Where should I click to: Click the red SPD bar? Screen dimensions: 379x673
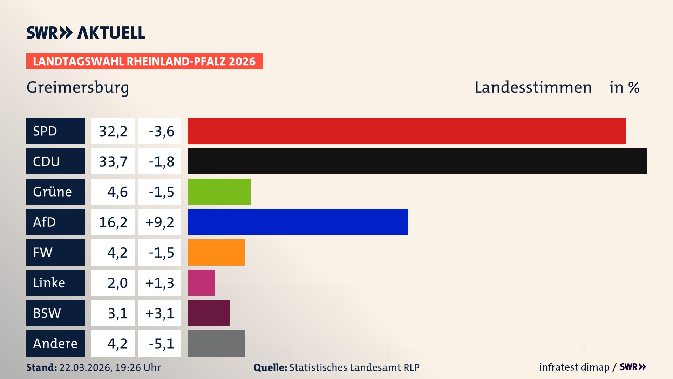(x=407, y=131)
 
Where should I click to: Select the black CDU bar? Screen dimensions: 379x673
(x=417, y=161)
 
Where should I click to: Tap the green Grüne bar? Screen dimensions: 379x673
(x=219, y=192)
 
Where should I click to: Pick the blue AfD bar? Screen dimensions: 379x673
(x=298, y=222)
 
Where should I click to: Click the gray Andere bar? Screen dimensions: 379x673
(x=216, y=343)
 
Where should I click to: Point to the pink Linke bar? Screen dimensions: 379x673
(x=201, y=282)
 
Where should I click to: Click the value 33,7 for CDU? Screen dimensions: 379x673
(x=113, y=161)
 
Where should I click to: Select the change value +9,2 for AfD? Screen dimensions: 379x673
(x=159, y=222)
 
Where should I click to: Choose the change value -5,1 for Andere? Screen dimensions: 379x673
(x=161, y=344)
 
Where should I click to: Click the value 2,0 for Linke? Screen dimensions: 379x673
(x=117, y=283)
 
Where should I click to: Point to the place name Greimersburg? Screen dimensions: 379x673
(x=78, y=87)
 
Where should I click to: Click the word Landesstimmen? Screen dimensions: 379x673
(x=533, y=87)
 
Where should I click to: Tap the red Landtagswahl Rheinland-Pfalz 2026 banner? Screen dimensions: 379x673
(x=144, y=61)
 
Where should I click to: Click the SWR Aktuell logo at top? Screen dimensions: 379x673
(x=86, y=33)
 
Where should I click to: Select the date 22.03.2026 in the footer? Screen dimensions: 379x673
(x=85, y=367)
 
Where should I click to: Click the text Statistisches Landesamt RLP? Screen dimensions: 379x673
(x=354, y=367)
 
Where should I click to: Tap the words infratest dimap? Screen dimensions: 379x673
(x=574, y=367)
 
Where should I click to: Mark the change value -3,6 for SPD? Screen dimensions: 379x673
(x=161, y=131)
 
